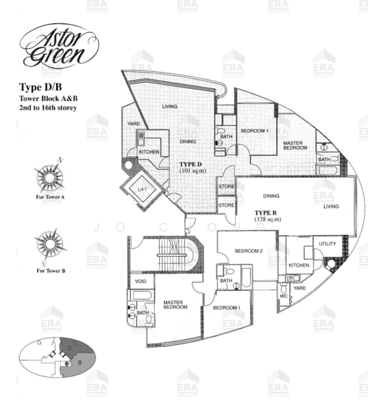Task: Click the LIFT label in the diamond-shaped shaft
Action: click(x=142, y=190)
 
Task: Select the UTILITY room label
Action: click(x=328, y=244)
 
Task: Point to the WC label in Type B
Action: click(x=283, y=296)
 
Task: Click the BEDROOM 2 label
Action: click(x=248, y=251)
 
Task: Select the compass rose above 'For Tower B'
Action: click(x=49, y=242)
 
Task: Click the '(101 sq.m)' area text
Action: click(x=194, y=172)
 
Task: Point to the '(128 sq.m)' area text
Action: click(x=268, y=220)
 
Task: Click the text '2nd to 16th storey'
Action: click(x=48, y=108)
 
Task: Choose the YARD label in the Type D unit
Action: click(x=133, y=124)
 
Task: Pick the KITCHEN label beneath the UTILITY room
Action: click(x=299, y=266)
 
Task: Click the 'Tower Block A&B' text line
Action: click(x=47, y=98)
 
